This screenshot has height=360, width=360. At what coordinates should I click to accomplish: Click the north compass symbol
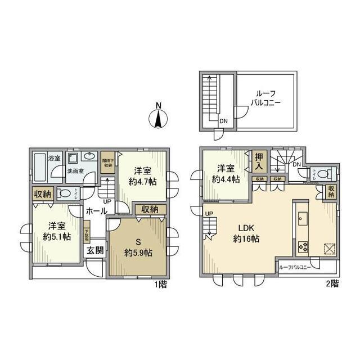[159, 118]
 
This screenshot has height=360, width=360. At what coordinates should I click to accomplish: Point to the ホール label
[96, 211]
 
